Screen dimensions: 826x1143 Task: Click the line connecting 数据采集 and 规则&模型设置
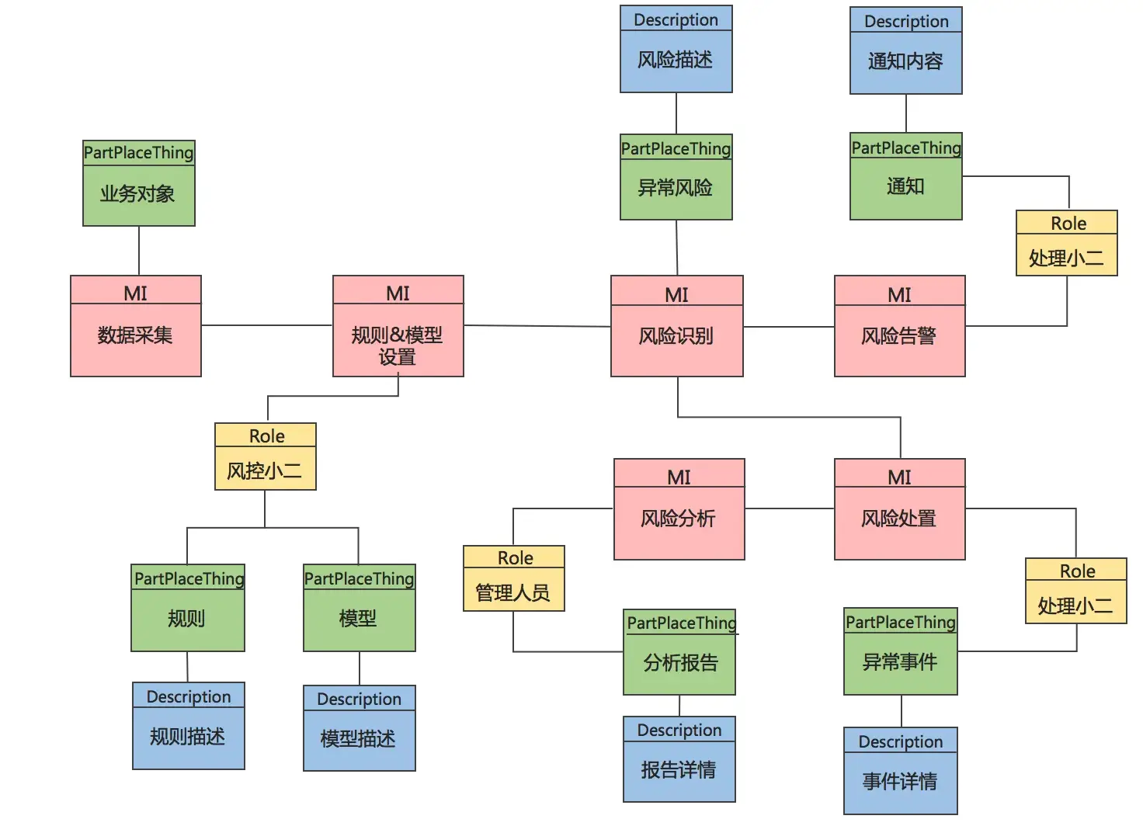click(x=266, y=325)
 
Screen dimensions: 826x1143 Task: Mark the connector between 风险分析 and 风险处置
click(x=789, y=508)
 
